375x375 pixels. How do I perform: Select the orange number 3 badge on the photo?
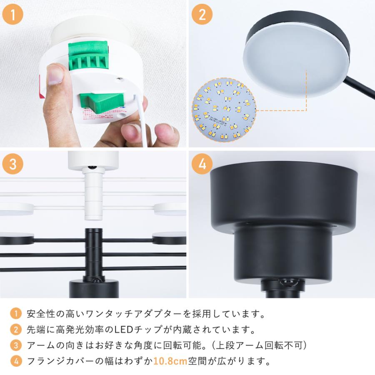13,164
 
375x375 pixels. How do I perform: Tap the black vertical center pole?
92,254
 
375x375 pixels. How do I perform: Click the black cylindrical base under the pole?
94,289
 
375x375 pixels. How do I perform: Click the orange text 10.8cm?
170,361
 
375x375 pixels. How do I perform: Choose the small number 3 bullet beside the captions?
15,345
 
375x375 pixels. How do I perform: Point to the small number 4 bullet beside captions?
15,361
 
